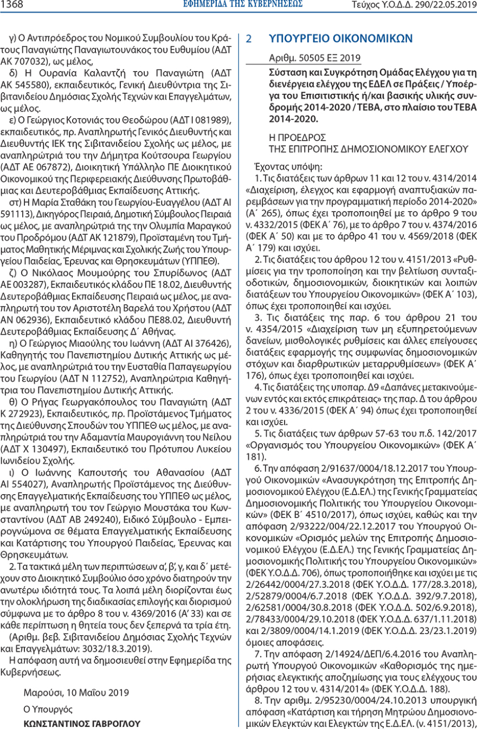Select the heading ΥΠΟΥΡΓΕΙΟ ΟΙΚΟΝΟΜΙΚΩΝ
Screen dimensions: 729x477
coord(341,39)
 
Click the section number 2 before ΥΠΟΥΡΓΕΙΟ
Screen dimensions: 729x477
coord(249,39)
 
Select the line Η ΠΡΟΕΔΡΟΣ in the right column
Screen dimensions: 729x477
coord(296,137)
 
